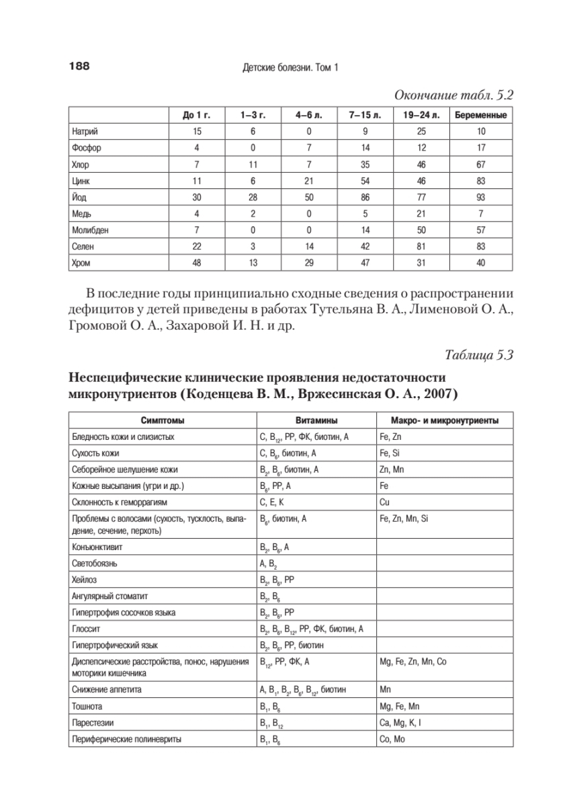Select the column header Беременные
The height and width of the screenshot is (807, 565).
coord(480,115)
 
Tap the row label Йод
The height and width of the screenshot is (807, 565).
coord(79,197)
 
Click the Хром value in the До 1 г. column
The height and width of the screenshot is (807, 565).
coord(197,263)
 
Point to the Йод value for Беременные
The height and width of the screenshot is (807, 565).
coord(480,197)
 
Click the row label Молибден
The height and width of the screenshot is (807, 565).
coord(90,230)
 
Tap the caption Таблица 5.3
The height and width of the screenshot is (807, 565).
coord(479,356)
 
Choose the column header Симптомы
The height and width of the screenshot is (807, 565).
coord(162,420)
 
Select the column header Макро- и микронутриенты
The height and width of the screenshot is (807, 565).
coord(444,420)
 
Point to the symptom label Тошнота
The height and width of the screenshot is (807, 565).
coord(87,706)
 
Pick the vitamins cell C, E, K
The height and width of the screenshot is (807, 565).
coord(271,502)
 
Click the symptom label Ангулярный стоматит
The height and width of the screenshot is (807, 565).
coord(110,595)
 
